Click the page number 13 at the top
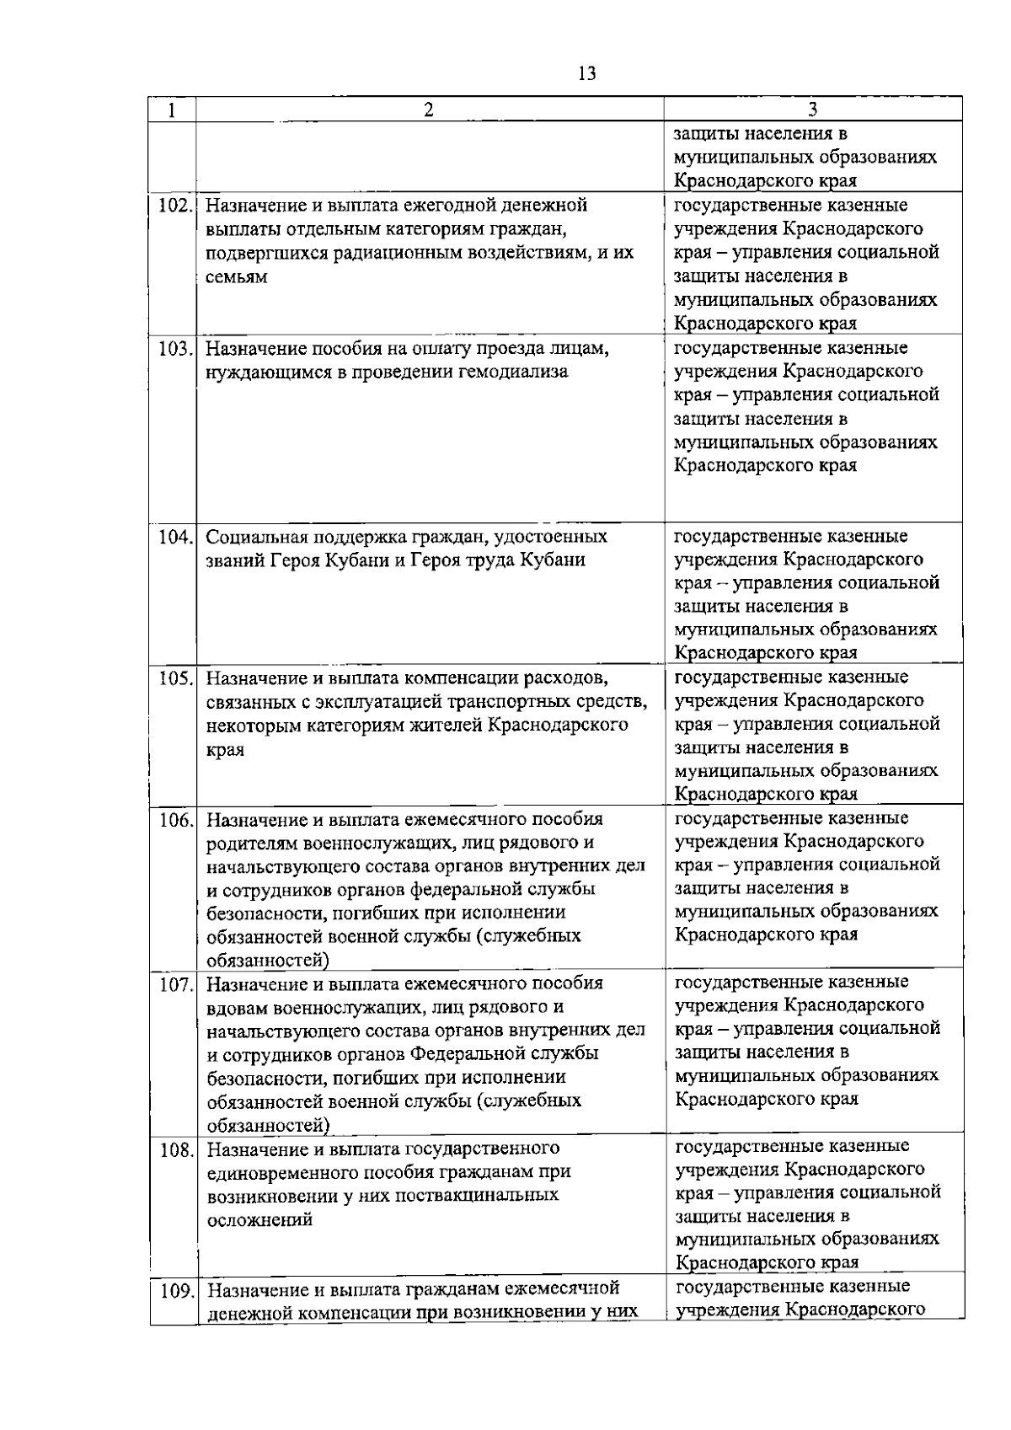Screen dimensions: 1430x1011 (x=587, y=74)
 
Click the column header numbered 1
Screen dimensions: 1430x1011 (x=172, y=110)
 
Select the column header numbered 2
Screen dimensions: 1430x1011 (x=429, y=110)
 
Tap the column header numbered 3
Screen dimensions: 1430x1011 (x=812, y=110)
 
